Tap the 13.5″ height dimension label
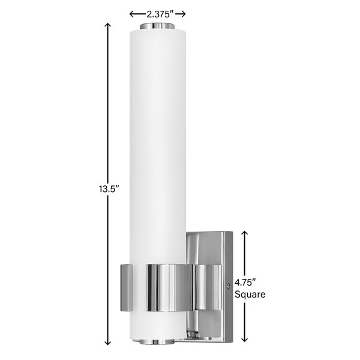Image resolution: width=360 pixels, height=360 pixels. coord(109,189)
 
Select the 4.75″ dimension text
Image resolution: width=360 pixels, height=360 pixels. coord(245,282)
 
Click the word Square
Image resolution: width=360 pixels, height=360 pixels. coord(250,295)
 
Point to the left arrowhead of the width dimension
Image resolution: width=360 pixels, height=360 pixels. coord(131,14)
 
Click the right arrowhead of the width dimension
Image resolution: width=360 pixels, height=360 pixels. coord(184,14)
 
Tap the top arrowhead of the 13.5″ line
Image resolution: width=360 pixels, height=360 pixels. coord(107,25)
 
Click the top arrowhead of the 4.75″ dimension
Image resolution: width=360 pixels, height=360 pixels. coord(245,233)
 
